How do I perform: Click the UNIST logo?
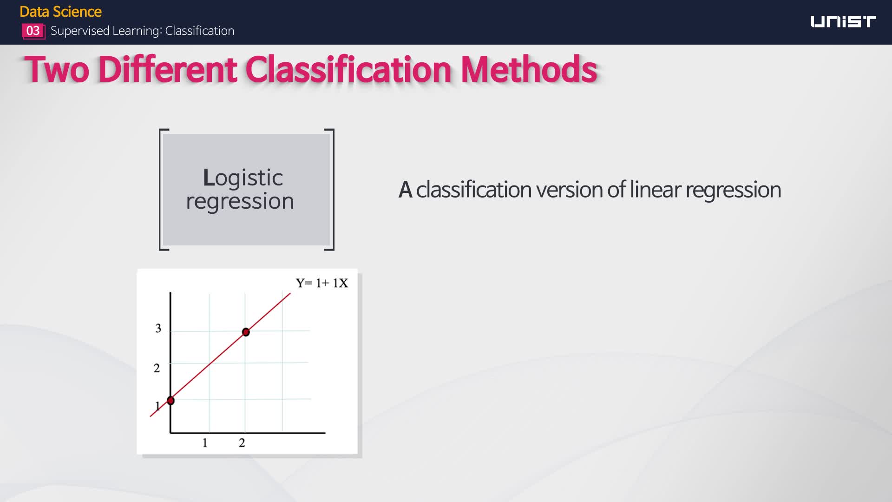[843, 22]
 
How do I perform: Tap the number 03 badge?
[33, 31]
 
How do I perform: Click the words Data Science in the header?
[61, 12]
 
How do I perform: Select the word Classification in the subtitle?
[200, 31]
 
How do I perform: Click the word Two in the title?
[57, 69]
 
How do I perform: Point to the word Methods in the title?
[529, 69]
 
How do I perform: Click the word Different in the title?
[168, 69]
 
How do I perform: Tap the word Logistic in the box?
[243, 178]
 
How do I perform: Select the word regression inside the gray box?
[240, 201]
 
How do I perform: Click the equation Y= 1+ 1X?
[322, 283]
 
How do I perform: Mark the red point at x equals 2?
[246, 332]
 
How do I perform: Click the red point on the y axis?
[171, 400]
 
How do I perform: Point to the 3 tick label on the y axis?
[158, 329]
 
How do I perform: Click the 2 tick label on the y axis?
[157, 368]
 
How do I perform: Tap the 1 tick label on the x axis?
[205, 443]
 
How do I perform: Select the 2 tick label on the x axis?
[242, 443]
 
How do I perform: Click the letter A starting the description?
[406, 190]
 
